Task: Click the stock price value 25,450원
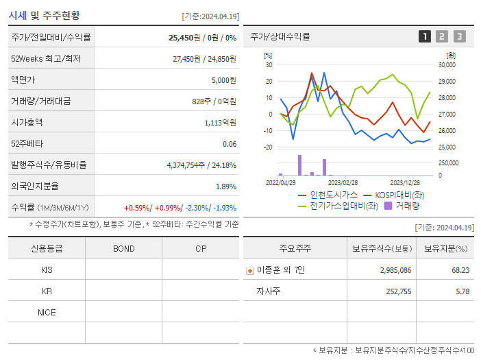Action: [x=184, y=38]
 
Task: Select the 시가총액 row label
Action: [x=27, y=123]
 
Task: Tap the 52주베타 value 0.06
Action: [x=230, y=144]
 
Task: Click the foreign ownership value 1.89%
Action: [x=226, y=187]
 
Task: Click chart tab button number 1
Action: [x=425, y=37]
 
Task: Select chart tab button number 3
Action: [x=459, y=37]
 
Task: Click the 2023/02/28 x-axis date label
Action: [x=343, y=183]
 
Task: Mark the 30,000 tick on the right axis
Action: [x=447, y=65]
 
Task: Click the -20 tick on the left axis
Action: [x=268, y=147]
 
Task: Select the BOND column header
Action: [x=123, y=248]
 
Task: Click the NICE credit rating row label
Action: [x=47, y=312]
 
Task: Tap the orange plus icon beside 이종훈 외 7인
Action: [x=250, y=270]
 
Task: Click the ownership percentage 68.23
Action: [x=460, y=270]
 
